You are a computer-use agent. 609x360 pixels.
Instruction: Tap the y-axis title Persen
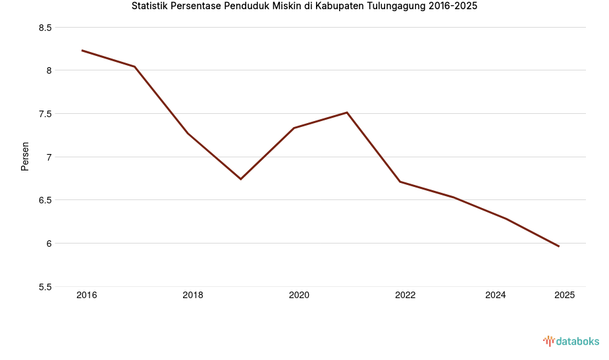pos(25,156)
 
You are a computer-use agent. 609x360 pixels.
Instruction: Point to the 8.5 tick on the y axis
pos(45,28)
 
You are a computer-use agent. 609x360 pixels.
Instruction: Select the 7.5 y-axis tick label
pos(45,114)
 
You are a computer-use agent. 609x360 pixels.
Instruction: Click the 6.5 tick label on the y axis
pos(45,200)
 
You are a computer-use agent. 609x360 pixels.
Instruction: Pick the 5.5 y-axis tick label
pos(45,287)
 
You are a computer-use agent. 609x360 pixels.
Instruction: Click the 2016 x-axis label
pos(86,295)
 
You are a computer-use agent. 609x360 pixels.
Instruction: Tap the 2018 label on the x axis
pos(193,295)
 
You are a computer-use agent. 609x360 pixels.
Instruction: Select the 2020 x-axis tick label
pos(299,295)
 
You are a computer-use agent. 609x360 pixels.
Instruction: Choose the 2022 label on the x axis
pos(405,295)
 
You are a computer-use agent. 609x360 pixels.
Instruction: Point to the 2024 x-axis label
pos(495,295)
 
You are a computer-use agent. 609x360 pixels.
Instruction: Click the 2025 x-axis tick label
pos(564,295)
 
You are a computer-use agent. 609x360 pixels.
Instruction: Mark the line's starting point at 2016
pos(82,50)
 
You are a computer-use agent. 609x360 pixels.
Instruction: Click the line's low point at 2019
pos(241,179)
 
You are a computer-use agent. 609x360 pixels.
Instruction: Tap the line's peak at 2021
pos(347,113)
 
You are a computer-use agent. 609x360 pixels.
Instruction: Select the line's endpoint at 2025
pos(559,246)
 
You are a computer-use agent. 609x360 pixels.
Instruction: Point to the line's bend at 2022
pos(400,182)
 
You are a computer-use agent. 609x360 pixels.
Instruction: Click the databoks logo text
pos(577,341)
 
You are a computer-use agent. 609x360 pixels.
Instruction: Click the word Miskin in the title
pos(286,7)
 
